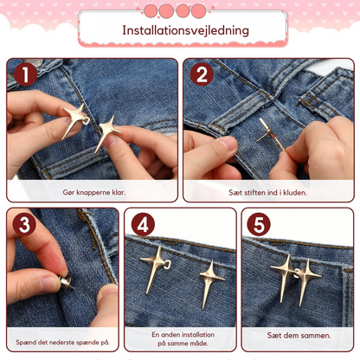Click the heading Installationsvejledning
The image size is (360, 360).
tap(185, 30)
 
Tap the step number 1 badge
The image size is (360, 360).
tap(25, 74)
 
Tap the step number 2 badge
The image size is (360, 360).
tap(202, 74)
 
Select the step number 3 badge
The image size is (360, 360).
tap(24, 224)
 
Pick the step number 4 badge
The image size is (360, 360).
tap(143, 224)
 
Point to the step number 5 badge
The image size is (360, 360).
tap(259, 224)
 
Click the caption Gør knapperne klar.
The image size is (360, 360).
tap(94, 192)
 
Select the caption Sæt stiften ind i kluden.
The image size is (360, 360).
tap(267, 192)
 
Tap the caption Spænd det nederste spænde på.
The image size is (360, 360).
tap(62, 343)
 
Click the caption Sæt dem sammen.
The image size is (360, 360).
tap(299, 336)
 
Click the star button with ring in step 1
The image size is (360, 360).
tap(75, 120)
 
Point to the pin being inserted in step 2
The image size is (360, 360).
tap(270, 134)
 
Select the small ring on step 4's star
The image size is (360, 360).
tap(167, 265)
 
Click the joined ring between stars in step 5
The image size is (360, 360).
tap(297, 273)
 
